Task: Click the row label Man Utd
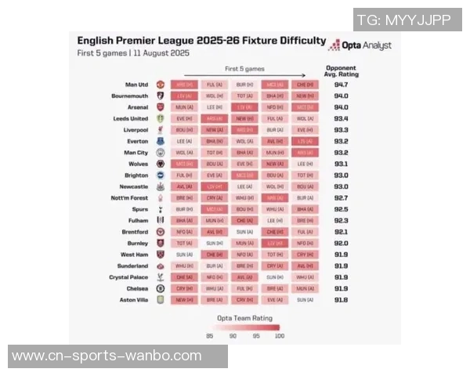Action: tap(136, 85)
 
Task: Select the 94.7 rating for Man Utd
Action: tap(341, 85)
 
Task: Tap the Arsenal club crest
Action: tap(160, 107)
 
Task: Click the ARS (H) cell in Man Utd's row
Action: tap(183, 85)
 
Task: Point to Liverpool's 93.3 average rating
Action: tap(341, 130)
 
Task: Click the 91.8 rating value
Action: tap(341, 300)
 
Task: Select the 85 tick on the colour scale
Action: tap(210, 336)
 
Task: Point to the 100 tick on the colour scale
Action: tap(278, 336)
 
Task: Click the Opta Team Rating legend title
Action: tap(244, 318)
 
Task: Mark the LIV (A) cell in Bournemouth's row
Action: tap(183, 96)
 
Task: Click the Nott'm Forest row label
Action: tap(129, 198)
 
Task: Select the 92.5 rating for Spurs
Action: tap(341, 209)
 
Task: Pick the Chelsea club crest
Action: tap(160, 288)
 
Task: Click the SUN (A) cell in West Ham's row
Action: tap(183, 255)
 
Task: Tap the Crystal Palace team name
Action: tap(128, 277)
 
